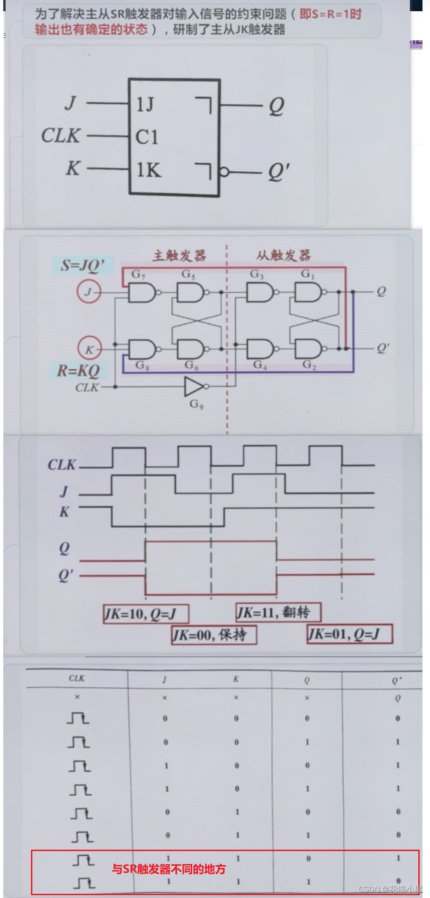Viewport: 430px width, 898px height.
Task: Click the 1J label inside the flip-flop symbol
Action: (x=145, y=104)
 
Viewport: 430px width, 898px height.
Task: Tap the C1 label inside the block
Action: (x=147, y=137)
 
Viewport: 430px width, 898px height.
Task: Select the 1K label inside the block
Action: (x=148, y=170)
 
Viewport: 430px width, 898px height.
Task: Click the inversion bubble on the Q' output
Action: (x=225, y=172)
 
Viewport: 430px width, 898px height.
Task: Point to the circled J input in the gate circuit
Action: (x=89, y=292)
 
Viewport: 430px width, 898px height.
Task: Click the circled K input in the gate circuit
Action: (x=89, y=349)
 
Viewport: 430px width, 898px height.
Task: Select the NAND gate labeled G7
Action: (x=142, y=292)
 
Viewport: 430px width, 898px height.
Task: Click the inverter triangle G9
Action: (x=194, y=387)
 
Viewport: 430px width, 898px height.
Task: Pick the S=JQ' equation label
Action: (x=83, y=266)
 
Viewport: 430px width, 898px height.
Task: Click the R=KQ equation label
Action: (x=78, y=371)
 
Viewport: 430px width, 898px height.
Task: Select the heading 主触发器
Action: (x=179, y=256)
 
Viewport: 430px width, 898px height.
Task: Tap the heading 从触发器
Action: (x=283, y=256)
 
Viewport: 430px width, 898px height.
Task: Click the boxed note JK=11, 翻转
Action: (x=278, y=612)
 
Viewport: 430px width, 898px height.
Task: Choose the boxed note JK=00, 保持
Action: (x=214, y=635)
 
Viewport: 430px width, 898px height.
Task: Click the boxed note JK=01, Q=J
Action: (x=349, y=634)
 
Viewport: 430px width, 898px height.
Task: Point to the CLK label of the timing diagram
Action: (x=61, y=465)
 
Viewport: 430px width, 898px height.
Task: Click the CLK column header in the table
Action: (x=76, y=678)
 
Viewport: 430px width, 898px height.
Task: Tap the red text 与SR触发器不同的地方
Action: (x=169, y=869)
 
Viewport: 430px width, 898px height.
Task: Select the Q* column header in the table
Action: (x=397, y=680)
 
